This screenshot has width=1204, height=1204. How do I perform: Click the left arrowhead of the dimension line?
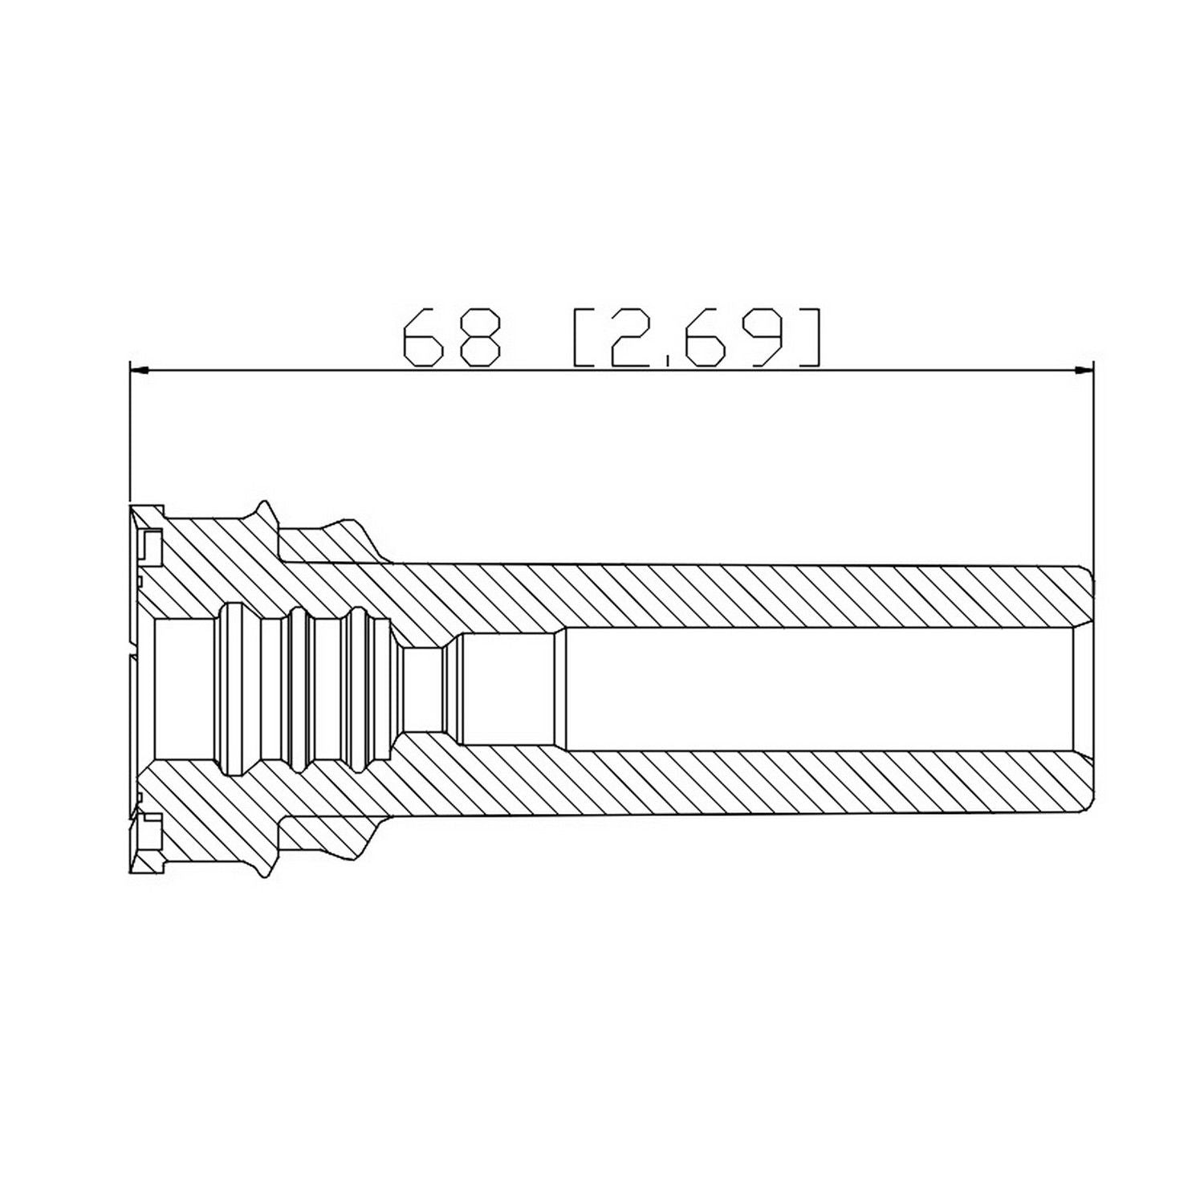click(x=139, y=370)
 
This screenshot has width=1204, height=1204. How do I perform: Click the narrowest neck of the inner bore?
click(x=423, y=689)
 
